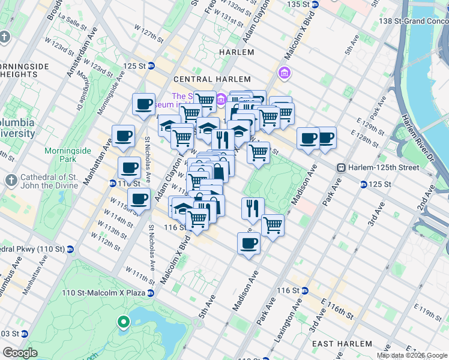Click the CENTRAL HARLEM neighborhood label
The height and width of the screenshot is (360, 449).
tap(202, 79)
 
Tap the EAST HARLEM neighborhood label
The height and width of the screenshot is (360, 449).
tap(336, 343)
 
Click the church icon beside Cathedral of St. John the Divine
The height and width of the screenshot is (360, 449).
tap(11, 180)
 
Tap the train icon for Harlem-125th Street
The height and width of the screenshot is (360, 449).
tap(341, 167)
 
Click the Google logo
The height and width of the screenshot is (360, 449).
tap(20, 353)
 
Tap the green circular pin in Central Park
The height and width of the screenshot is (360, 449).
tap(124, 323)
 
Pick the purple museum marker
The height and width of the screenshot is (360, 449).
tap(284, 73)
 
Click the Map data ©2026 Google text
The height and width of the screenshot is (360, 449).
tap(412, 355)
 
